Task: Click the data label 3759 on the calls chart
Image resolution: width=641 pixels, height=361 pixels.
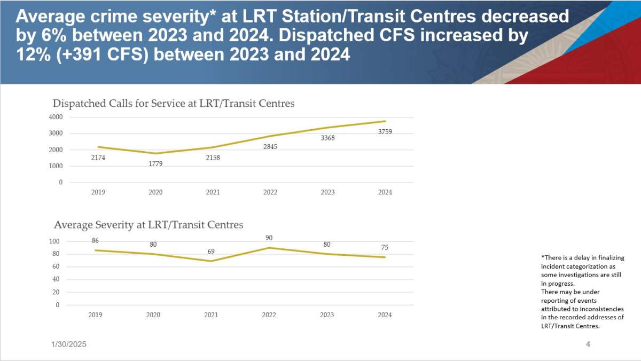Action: click(385, 131)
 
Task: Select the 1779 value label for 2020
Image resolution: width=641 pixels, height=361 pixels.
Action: click(155, 163)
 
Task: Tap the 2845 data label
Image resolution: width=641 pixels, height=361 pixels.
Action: click(270, 147)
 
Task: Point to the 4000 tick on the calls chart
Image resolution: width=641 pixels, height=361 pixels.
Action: click(56, 117)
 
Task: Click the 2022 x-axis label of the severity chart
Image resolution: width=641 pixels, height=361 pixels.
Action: click(269, 315)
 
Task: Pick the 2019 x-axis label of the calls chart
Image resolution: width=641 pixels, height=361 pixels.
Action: click(98, 192)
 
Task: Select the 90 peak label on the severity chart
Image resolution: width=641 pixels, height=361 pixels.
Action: click(269, 238)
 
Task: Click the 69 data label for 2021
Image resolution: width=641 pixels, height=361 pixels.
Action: click(211, 251)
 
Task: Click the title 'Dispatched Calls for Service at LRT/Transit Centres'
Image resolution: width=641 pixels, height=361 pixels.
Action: click(173, 104)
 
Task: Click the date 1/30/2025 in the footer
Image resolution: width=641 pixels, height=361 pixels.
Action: click(65, 345)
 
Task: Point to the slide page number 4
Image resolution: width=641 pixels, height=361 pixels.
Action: click(588, 344)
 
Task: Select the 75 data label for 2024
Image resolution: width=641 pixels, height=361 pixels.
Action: click(385, 247)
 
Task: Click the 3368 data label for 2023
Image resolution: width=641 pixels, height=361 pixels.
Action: click(327, 138)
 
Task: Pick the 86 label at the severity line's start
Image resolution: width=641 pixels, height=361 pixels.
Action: click(95, 241)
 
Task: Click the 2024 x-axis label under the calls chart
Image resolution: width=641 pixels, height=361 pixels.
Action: click(385, 192)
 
